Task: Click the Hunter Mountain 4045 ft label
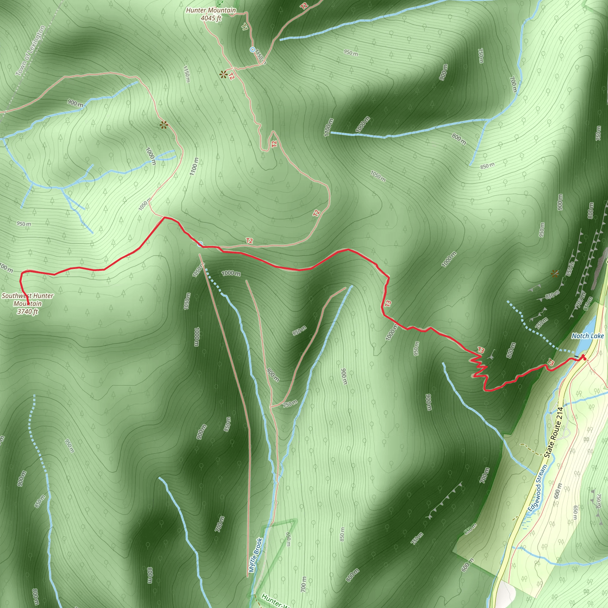211,14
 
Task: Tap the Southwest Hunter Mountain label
28,303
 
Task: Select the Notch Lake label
588,336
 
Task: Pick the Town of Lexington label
31,50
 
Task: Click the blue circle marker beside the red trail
200,244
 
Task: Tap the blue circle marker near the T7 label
252,49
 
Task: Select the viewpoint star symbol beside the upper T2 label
224,75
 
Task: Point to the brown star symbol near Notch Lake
555,273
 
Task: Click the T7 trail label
245,27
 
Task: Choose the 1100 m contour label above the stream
328,127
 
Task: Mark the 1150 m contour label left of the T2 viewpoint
186,74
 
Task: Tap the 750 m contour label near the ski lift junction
290,403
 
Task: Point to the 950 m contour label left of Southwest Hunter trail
24,224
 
